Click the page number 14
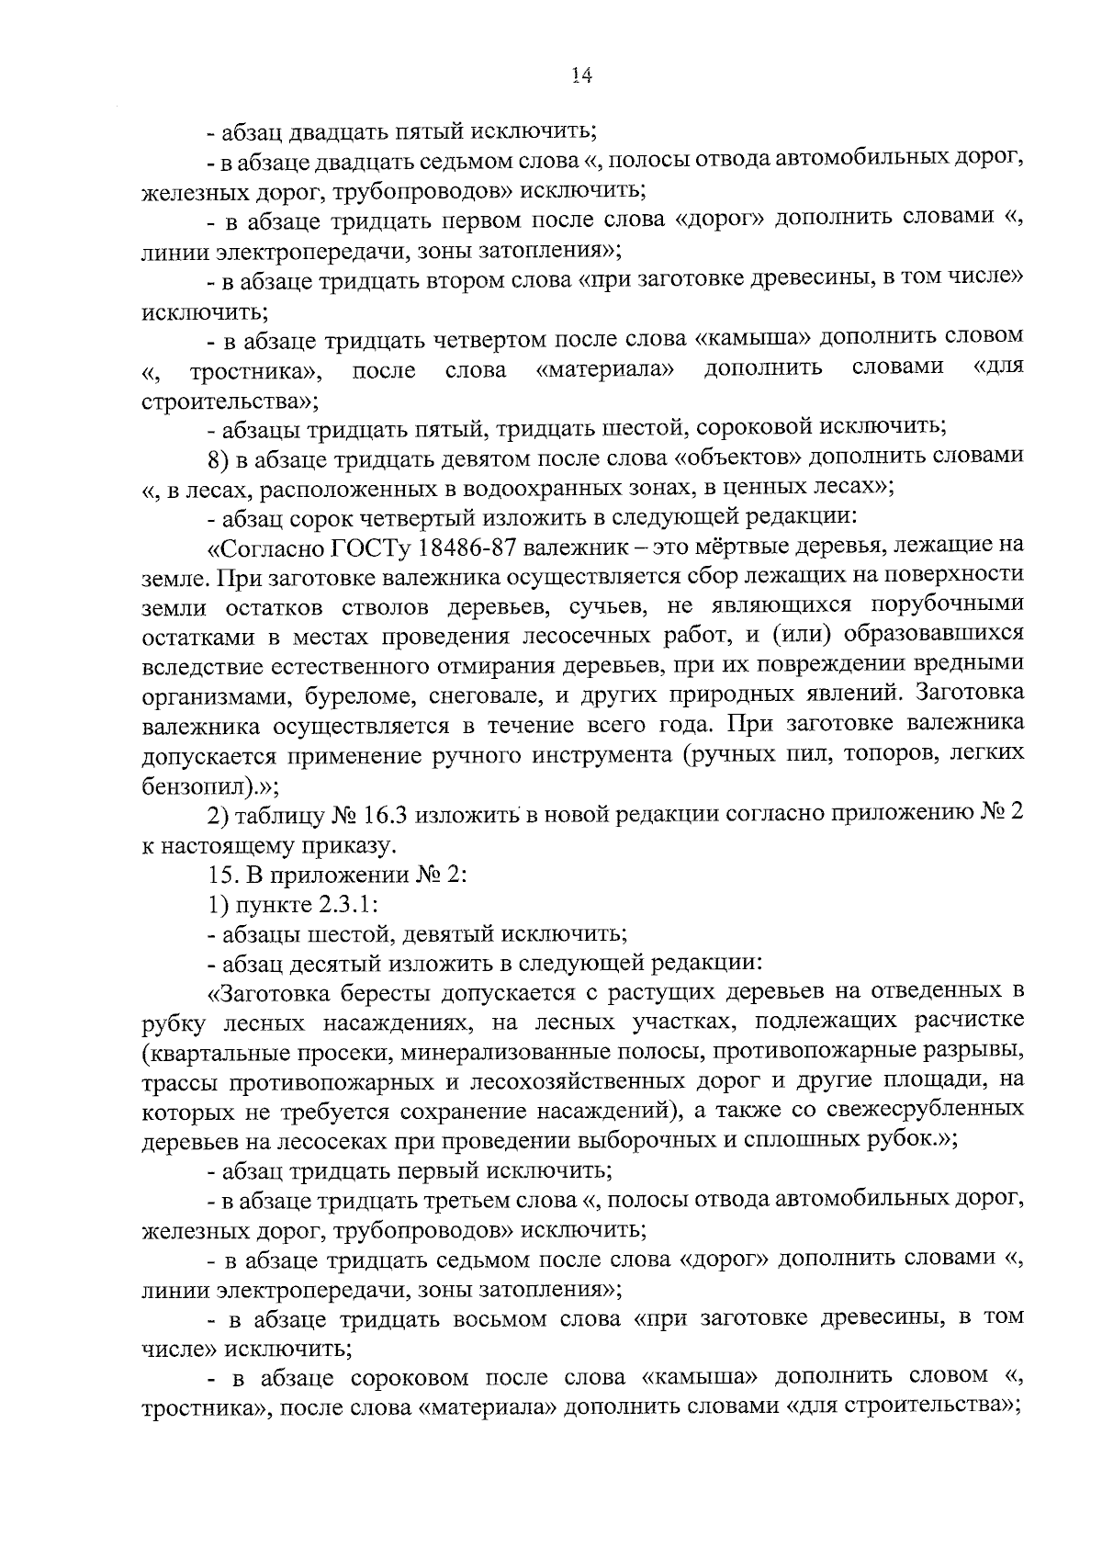coord(579,77)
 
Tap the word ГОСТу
coord(366,546)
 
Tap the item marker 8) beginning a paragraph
coord(220,457)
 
